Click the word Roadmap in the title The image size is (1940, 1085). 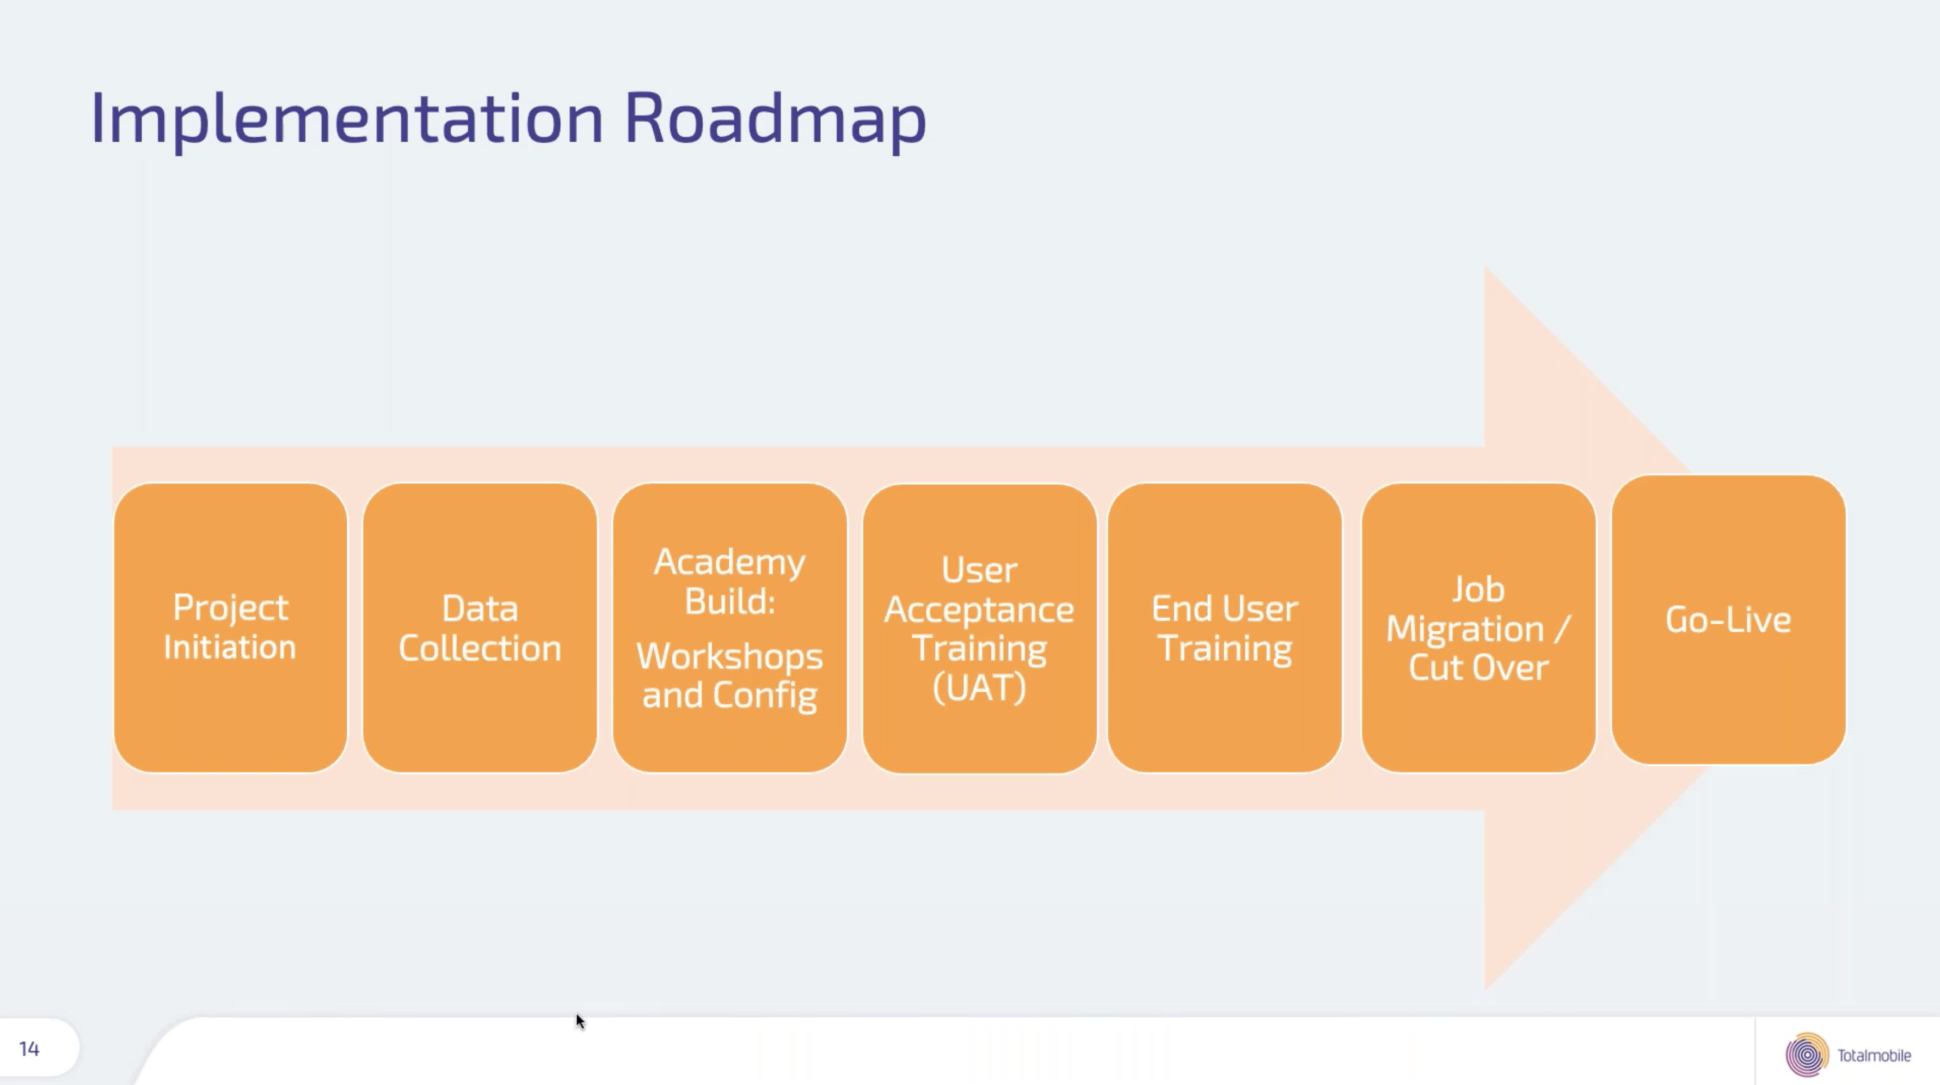point(776,118)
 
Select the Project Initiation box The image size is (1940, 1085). point(230,627)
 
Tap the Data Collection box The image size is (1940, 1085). point(480,627)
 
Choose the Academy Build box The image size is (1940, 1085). point(730,627)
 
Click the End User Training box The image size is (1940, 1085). point(1225,627)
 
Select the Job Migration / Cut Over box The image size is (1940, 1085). point(1478,627)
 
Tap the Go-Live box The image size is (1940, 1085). point(1728,619)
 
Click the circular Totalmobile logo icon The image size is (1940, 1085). point(1807,1055)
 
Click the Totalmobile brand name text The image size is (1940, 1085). point(1874,1056)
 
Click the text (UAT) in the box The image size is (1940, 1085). point(979,687)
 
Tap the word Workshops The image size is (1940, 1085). point(729,657)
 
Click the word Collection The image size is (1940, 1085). point(480,648)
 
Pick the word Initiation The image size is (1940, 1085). point(230,647)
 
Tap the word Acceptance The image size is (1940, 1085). point(979,609)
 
